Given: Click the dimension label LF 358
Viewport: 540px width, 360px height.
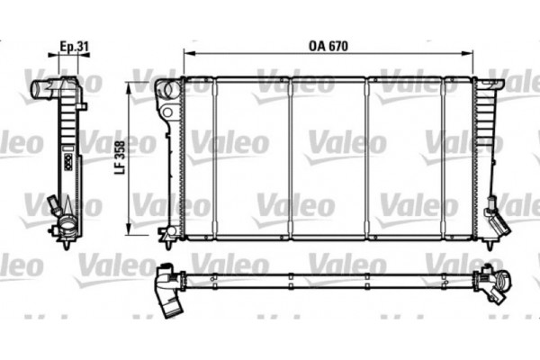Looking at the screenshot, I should coord(121,161).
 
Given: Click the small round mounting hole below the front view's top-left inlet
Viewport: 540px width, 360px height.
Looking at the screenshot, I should coord(166,112).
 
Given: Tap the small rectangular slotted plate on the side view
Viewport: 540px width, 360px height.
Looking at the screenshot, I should coord(66,163).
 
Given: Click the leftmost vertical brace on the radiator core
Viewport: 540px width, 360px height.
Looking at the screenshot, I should coord(214,159).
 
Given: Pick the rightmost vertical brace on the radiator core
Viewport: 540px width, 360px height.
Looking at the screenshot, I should coord(444,159).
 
